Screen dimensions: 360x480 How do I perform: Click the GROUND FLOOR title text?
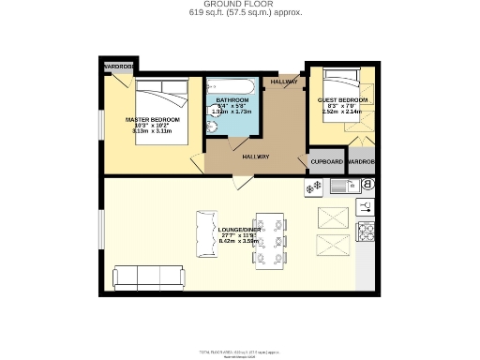pyautogui.click(x=239, y=5)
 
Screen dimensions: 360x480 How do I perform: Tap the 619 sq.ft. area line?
pyautogui.click(x=239, y=14)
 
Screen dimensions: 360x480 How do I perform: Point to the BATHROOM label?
pyautogui.click(x=232, y=99)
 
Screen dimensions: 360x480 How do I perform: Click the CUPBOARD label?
pyautogui.click(x=327, y=161)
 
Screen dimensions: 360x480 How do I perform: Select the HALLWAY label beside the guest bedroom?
pyautogui.click(x=284, y=82)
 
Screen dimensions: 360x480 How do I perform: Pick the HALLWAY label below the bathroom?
pyautogui.click(x=256, y=157)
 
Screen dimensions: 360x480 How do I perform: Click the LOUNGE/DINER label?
pyautogui.click(x=239, y=230)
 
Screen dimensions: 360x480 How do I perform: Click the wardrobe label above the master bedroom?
pyautogui.click(x=119, y=67)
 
